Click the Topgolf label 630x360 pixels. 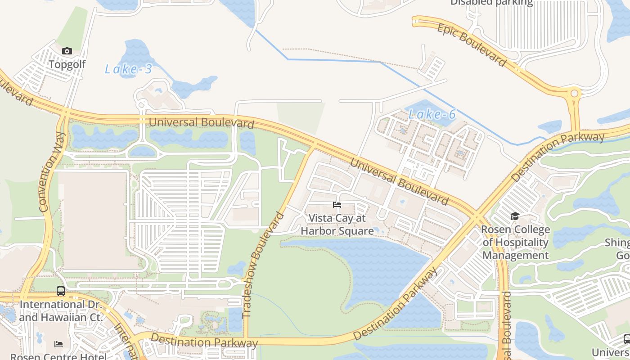pos(67,64)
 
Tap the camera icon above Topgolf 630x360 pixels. pos(67,51)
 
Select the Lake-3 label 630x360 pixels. pos(128,69)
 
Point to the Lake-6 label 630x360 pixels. pos(432,114)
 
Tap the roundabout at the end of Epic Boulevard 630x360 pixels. pos(574,94)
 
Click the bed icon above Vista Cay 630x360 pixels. pos(337,205)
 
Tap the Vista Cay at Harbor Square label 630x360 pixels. pos(337,225)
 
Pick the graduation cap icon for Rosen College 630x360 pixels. pos(515,216)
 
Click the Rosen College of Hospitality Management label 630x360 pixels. pos(515,243)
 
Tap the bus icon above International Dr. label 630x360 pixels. pos(61,291)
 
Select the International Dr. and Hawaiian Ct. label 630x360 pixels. pos(61,310)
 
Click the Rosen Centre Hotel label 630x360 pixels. pos(58,356)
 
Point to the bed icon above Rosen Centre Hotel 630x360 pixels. pos(58,344)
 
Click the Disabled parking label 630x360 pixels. pos(491,3)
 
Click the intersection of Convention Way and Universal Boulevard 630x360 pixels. pos(66,113)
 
